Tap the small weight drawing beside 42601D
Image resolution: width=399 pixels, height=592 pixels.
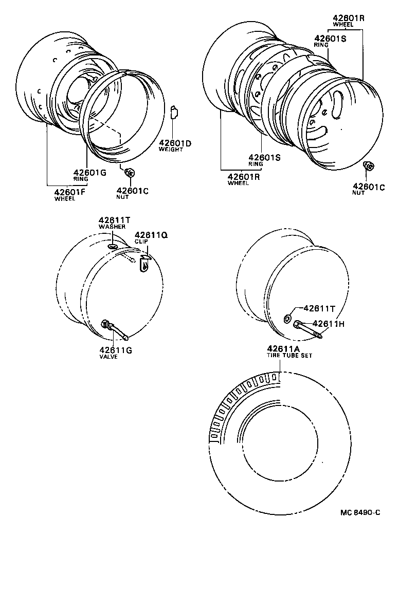pyautogui.click(x=174, y=111)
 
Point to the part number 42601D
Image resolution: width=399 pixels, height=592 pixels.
pyautogui.click(x=175, y=143)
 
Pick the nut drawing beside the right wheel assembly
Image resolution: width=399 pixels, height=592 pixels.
pyautogui.click(x=368, y=166)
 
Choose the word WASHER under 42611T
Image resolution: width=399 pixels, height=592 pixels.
pyautogui.click(x=108, y=227)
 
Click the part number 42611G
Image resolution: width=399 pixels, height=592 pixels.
pyautogui.click(x=116, y=350)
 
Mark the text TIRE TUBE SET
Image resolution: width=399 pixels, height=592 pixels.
pyautogui.click(x=289, y=355)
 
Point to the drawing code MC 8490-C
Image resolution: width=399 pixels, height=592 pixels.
pyautogui.click(x=360, y=512)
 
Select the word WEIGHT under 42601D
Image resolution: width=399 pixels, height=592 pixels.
pyautogui.click(x=170, y=150)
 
